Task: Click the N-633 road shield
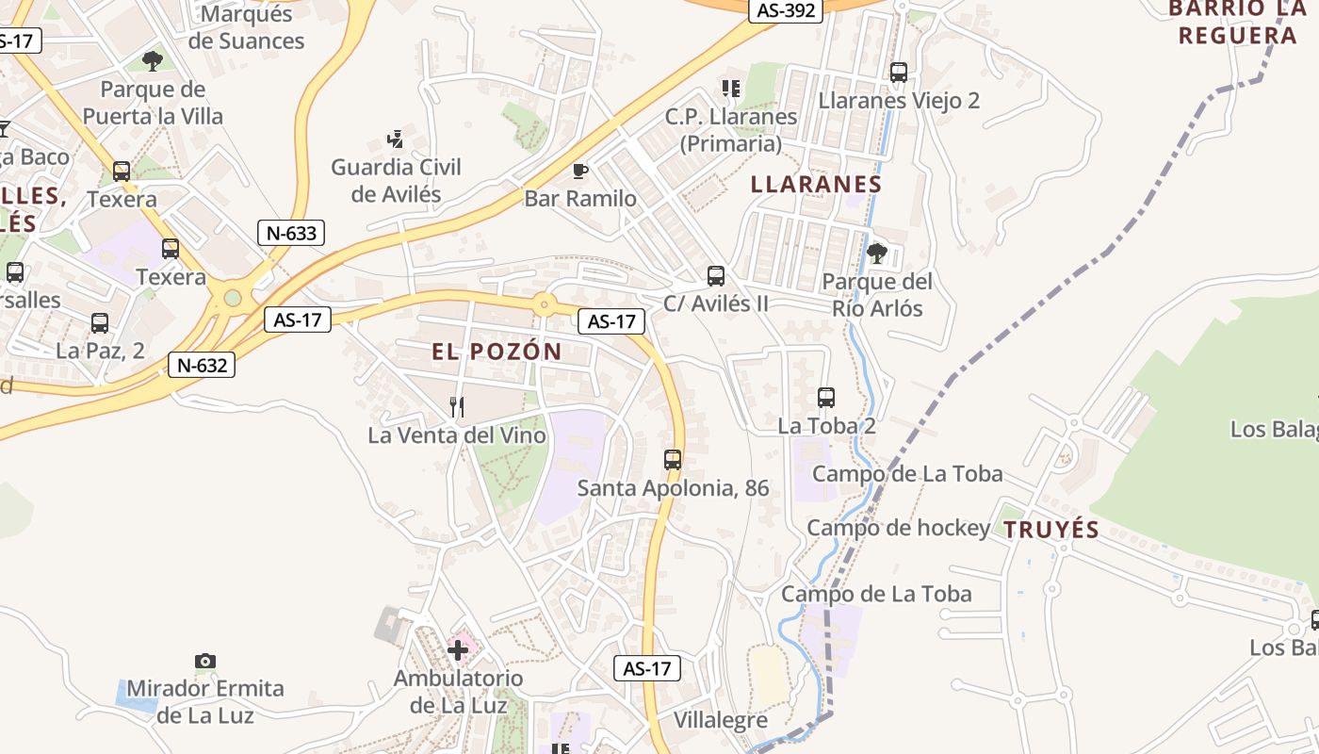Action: pyautogui.click(x=291, y=233)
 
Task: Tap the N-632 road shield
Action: pyautogui.click(x=202, y=365)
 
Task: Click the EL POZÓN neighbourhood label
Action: pyautogui.click(x=497, y=352)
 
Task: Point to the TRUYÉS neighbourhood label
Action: pyautogui.click(x=1051, y=530)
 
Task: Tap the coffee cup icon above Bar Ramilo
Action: pyautogui.click(x=580, y=171)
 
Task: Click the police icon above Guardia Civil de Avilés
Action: pyautogui.click(x=396, y=139)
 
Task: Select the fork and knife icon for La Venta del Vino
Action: pyautogui.click(x=457, y=407)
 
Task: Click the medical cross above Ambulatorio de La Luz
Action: pyautogui.click(x=458, y=649)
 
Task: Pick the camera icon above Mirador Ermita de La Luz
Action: pyautogui.click(x=205, y=661)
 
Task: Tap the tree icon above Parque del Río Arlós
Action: pyautogui.click(x=876, y=253)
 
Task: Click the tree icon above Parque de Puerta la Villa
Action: pyautogui.click(x=152, y=62)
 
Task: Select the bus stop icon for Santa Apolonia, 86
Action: pyautogui.click(x=673, y=460)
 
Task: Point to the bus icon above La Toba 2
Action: pyautogui.click(x=826, y=398)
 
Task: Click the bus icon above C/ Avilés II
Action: pyautogui.click(x=716, y=276)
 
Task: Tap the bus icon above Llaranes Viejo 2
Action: pyautogui.click(x=899, y=73)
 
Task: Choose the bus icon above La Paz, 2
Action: pyautogui.click(x=100, y=323)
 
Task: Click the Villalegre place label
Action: pyautogui.click(x=721, y=721)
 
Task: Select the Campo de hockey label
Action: pyautogui.click(x=898, y=529)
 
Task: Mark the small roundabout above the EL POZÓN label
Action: pyautogui.click(x=543, y=304)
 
